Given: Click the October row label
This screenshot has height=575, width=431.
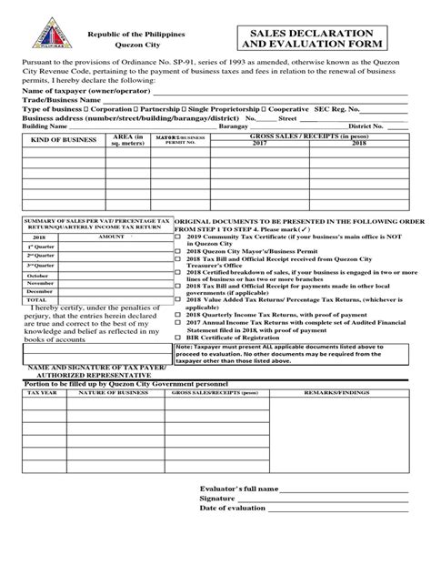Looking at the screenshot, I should (x=37, y=275).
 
